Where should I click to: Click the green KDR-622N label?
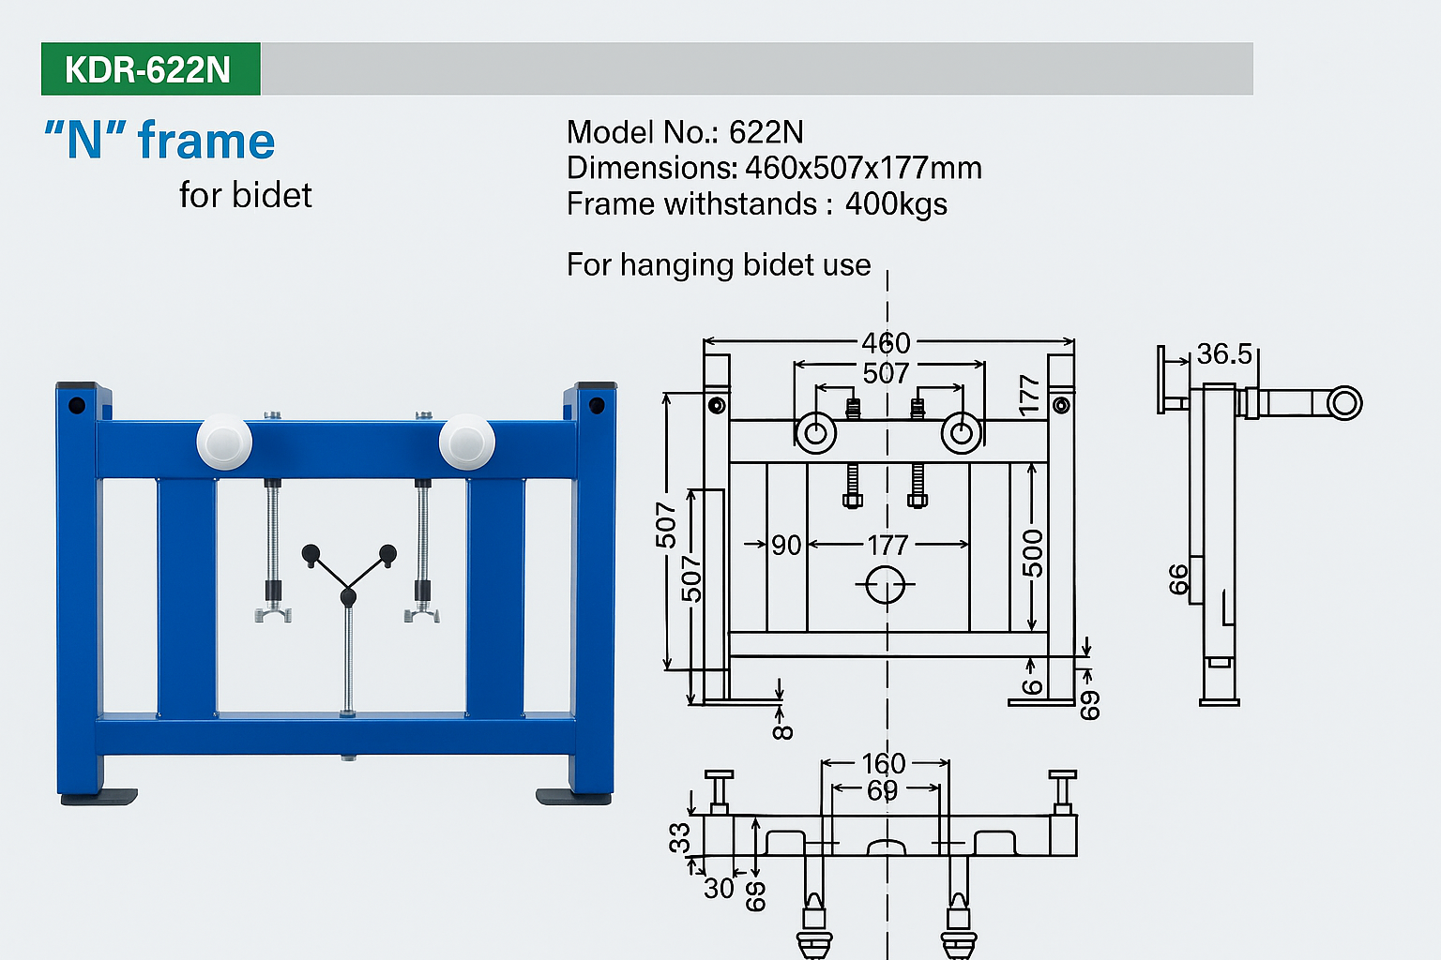(150, 69)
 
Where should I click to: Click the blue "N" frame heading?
(159, 142)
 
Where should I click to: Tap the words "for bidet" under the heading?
(245, 195)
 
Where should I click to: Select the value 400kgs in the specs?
(896, 204)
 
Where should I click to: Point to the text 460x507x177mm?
(863, 169)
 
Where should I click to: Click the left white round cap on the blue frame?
(224, 441)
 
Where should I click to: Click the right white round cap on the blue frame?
(466, 441)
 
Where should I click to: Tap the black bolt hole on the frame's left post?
(77, 406)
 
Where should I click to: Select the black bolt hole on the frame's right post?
(596, 405)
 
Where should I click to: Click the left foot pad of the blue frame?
(99, 797)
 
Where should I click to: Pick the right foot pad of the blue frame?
(573, 797)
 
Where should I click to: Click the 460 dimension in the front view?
(886, 343)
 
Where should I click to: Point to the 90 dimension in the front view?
(786, 545)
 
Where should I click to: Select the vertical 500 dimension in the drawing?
(1032, 553)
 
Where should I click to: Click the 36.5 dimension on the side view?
(1224, 354)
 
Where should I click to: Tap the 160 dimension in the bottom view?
(884, 763)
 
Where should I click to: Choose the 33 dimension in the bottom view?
(679, 837)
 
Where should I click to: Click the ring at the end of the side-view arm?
(1344, 403)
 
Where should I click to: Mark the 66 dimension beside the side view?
(1178, 579)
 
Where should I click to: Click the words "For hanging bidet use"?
(719, 265)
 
